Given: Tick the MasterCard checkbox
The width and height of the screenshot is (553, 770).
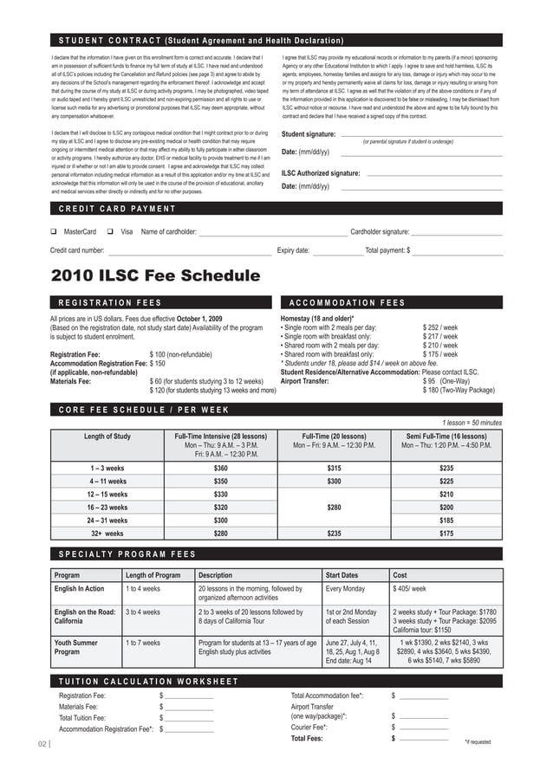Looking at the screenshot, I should [x=54, y=232].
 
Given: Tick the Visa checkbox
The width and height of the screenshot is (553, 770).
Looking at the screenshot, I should [x=110, y=232].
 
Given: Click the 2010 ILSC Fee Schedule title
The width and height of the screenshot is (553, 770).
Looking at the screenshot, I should [x=155, y=276].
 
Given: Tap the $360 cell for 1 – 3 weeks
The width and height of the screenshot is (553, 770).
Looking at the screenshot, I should [x=220, y=468].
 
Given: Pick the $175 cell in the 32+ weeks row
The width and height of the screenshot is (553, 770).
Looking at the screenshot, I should [x=446, y=534].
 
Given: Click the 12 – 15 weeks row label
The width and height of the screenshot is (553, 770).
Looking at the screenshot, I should [x=108, y=494].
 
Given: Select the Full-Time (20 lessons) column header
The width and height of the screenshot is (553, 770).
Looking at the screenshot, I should [x=334, y=436].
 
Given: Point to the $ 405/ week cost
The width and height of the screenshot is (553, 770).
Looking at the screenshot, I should [x=409, y=589].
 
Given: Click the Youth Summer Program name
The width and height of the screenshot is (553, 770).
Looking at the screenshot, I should [x=75, y=648].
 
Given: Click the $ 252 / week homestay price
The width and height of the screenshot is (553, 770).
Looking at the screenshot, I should [x=440, y=328].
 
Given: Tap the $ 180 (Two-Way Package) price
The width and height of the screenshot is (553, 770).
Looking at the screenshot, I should [x=459, y=390].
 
